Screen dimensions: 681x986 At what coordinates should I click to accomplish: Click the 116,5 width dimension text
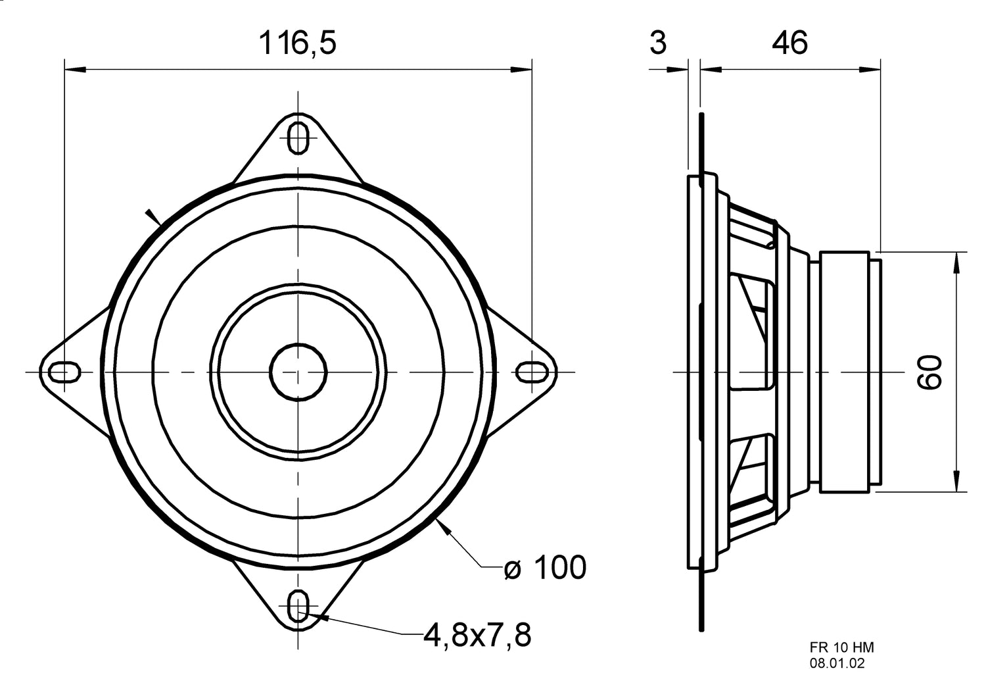[x=297, y=43]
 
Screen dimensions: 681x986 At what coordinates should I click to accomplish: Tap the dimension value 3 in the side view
[x=657, y=43]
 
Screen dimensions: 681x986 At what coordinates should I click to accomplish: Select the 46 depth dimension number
[x=789, y=43]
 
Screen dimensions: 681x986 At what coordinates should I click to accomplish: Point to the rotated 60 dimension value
[x=931, y=372]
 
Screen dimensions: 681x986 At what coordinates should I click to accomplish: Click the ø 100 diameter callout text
[x=544, y=567]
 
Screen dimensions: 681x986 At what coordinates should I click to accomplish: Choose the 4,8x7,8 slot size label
[x=477, y=635]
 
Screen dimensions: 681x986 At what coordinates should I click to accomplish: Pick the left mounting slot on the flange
[x=64, y=372]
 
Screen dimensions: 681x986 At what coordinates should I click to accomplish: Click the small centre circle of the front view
[x=298, y=372]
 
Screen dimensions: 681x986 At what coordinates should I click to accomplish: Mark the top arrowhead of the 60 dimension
[x=955, y=261]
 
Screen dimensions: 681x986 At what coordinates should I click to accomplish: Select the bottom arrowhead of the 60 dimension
[x=955, y=482]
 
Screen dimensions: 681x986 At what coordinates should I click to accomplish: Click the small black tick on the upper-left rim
[x=154, y=216]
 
